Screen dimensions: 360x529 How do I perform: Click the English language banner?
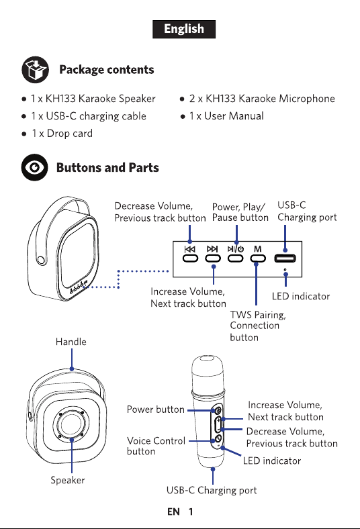point(184,29)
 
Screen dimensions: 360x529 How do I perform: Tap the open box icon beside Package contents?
point(36,70)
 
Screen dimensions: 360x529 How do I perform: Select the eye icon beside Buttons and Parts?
point(35,167)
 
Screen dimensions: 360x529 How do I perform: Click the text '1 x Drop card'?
point(62,134)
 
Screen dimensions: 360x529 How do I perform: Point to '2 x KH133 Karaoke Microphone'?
point(262,99)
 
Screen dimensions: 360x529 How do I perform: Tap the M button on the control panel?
point(258,258)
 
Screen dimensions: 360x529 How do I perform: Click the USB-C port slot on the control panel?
point(285,258)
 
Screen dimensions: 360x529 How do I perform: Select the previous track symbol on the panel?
point(190,249)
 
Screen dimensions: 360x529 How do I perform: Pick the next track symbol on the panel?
point(212,249)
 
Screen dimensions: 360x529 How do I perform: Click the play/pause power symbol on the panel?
point(236,249)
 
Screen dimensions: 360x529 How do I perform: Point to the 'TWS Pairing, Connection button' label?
point(258,326)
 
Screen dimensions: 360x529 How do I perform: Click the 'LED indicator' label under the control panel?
point(301,296)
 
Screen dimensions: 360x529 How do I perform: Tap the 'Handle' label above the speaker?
point(71,342)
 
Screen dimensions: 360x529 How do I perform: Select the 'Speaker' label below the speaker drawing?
point(67,480)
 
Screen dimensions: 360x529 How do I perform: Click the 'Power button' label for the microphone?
point(156,410)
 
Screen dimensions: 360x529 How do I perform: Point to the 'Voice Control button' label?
point(156,446)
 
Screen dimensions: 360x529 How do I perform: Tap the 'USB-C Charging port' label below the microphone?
point(212,490)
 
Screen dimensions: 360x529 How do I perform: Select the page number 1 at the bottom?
point(191,512)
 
